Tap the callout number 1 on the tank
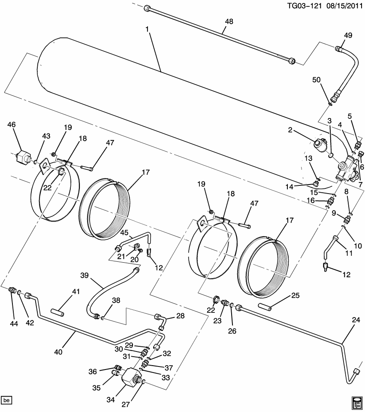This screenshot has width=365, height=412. (x=147, y=29)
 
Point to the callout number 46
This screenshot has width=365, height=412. (x=12, y=125)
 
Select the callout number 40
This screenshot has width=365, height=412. (x=58, y=352)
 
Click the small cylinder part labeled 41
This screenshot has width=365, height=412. (x=58, y=311)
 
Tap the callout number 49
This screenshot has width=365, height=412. (x=348, y=36)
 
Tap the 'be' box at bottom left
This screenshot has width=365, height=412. (x=6, y=400)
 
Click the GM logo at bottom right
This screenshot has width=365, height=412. (x=356, y=402)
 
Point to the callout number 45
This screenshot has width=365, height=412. (x=124, y=233)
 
